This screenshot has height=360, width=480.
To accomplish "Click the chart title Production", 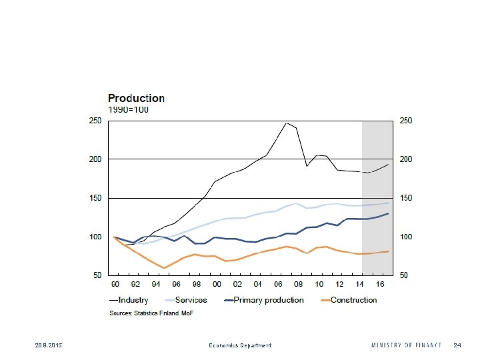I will (x=137, y=98).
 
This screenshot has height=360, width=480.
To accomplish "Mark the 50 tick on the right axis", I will (x=403, y=275).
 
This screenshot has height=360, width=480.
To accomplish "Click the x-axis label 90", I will (x=115, y=284).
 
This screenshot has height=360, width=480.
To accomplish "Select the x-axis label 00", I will (x=217, y=284).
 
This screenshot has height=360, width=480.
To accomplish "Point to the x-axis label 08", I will (x=299, y=284).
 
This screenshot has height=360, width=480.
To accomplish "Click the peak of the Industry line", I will (x=287, y=123).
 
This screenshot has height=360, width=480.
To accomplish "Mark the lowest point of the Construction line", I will (x=164, y=268).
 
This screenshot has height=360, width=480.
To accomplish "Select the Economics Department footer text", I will (x=240, y=345).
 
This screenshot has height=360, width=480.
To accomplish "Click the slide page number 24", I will (x=457, y=345).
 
